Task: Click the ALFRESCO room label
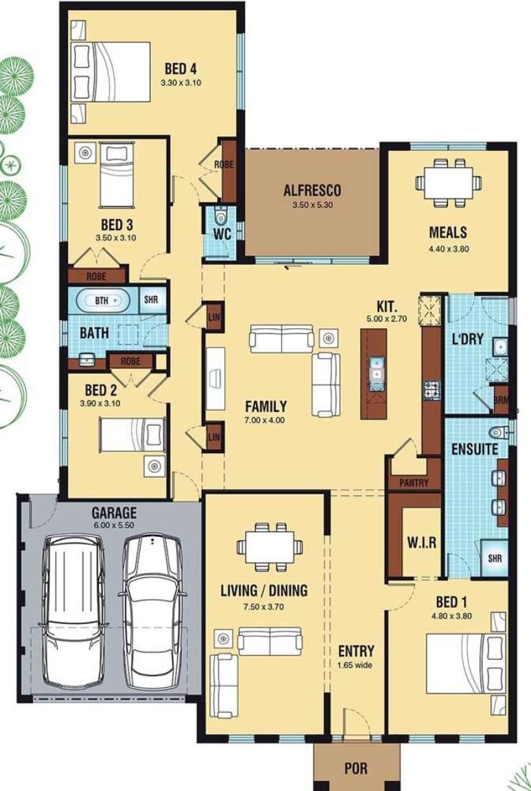[312, 191]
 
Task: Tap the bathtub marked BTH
[102, 301]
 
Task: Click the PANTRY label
[414, 483]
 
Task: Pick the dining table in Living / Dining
[270, 547]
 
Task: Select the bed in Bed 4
[112, 72]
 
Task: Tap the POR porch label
[356, 768]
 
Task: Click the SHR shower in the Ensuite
[495, 558]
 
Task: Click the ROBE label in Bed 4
[224, 165]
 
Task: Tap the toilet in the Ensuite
[499, 433]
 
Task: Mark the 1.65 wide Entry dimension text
[355, 665]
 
